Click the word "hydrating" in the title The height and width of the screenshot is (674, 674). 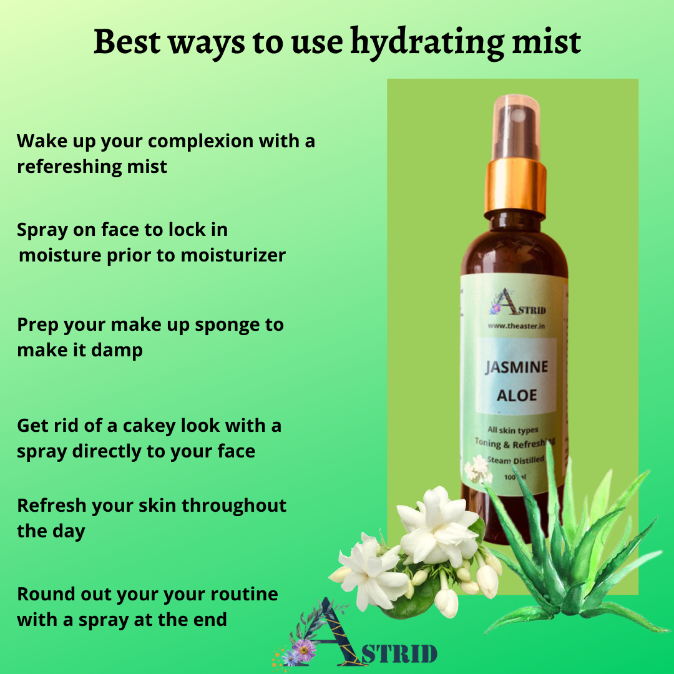pos(427,43)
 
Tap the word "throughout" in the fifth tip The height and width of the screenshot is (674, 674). pos(234,506)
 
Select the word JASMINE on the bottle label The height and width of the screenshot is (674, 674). pos(517,367)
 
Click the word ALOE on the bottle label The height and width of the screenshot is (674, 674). pos(517,396)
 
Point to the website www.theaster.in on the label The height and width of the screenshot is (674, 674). pos(516,326)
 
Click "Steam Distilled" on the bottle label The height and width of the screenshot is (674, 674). pos(515,461)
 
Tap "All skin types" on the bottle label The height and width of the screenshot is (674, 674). pos(513,430)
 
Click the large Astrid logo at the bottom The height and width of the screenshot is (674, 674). pos(355,635)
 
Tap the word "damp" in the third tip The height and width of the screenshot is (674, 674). pos(117,351)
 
